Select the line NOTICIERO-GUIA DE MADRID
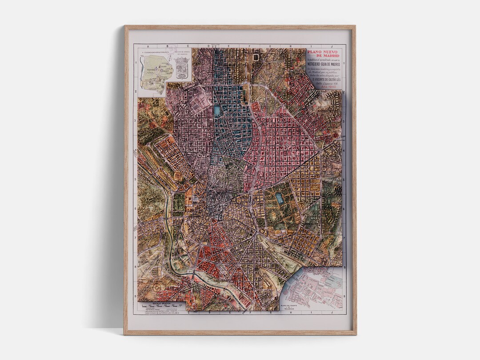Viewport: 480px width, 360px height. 324,64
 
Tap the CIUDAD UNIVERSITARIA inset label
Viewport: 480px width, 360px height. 154,52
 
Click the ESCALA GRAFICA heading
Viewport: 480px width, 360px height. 161,303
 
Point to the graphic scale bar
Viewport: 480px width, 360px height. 162,306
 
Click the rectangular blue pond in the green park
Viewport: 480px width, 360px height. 280,198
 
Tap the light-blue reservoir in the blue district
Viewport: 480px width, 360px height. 217,111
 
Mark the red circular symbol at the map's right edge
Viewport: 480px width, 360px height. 336,135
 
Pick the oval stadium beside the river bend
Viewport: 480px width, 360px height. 177,265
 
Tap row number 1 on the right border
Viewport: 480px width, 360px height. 344,63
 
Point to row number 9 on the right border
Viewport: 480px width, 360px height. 344,296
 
